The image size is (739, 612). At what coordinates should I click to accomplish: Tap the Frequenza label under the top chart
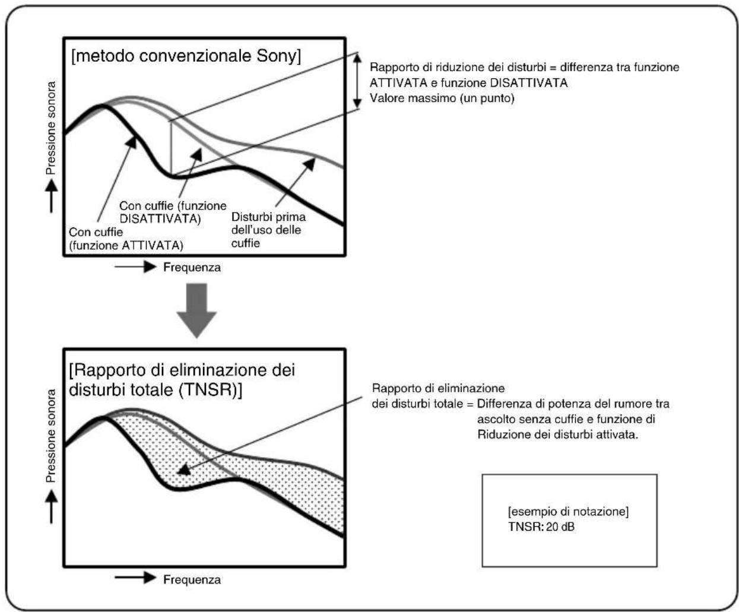[x=192, y=268]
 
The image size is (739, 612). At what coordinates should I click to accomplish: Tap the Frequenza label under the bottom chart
[x=192, y=579]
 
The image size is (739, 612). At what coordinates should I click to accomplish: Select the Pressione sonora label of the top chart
[x=52, y=128]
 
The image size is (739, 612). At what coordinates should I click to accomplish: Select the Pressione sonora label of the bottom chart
[x=52, y=436]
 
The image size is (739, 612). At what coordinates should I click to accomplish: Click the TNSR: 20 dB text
[x=541, y=527]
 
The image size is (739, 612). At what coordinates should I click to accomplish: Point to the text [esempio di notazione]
[x=568, y=512]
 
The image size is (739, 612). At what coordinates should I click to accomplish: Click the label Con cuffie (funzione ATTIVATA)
[x=126, y=239]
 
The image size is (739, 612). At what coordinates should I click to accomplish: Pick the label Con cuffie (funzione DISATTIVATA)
[x=173, y=213]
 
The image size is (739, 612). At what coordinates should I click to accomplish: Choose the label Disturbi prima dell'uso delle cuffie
[x=268, y=230]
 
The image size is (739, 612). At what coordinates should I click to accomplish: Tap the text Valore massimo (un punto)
[x=442, y=99]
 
